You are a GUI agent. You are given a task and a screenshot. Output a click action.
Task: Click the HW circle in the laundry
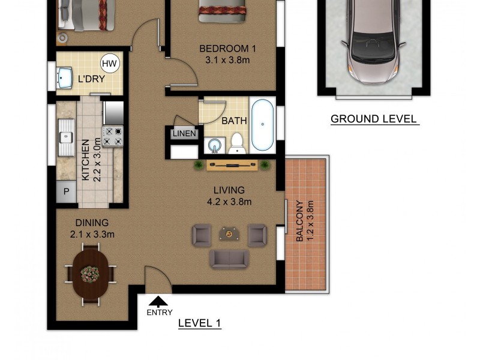110,64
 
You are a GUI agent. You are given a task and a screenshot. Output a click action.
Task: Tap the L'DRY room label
91,79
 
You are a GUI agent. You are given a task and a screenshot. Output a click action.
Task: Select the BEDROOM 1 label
227,49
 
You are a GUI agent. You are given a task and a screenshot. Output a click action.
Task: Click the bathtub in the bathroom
262,125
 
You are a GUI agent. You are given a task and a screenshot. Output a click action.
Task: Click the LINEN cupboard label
184,133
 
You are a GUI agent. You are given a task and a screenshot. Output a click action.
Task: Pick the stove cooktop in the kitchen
113,137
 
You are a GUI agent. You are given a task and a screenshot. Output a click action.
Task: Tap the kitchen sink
66,137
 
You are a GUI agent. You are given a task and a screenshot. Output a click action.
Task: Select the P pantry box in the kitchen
66,191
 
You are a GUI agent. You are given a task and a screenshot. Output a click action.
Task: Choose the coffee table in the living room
229,233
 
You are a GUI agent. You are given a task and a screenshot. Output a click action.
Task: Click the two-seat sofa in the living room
229,259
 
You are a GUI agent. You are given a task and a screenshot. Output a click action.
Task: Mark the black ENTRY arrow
158,301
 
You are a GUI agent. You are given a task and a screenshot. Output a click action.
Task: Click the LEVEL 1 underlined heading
200,323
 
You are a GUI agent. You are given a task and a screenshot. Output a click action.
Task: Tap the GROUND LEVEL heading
374,119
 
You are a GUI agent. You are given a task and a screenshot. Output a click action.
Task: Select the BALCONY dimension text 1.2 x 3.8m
310,221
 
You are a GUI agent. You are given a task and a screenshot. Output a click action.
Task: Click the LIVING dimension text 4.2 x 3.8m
229,202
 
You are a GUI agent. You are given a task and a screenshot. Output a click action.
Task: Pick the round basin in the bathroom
215,145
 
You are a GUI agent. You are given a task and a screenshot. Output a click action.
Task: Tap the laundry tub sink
64,78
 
